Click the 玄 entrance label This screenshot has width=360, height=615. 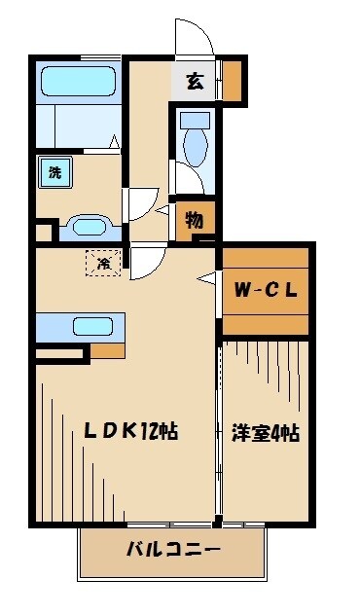[x=196, y=83]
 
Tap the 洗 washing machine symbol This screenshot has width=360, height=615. [x=54, y=173]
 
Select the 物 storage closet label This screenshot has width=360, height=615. [x=194, y=218]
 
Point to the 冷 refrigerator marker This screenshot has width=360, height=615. [x=101, y=261]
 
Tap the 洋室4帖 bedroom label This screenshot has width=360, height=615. [x=265, y=432]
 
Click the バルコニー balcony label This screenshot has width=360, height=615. [x=173, y=551]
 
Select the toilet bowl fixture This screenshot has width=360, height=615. [x=194, y=145]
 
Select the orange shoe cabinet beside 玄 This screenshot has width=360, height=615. [x=232, y=83]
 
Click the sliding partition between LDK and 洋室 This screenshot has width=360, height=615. [x=219, y=428]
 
